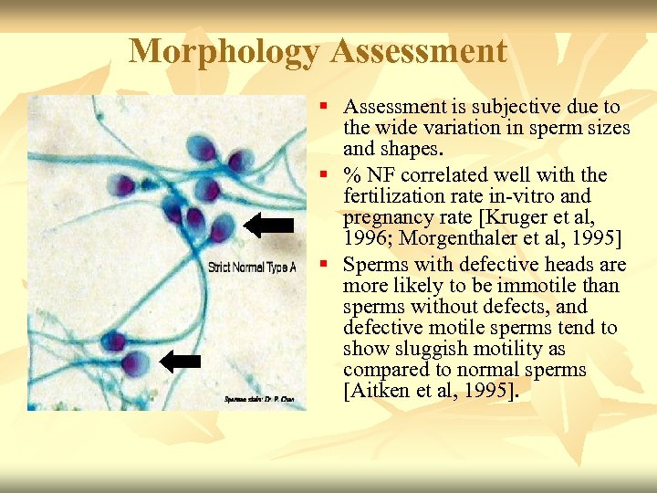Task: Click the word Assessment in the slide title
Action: pyautogui.click(x=419, y=51)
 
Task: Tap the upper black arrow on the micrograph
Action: pyautogui.click(x=270, y=226)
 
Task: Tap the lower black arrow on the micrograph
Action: pyautogui.click(x=180, y=362)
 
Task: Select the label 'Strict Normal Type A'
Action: pyautogui.click(x=252, y=267)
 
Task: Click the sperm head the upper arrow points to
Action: pyautogui.click(x=221, y=227)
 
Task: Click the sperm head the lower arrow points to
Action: pyautogui.click(x=134, y=363)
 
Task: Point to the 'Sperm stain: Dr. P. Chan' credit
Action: pyautogui.click(x=259, y=399)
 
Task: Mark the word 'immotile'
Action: pyautogui.click(x=510, y=286)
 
